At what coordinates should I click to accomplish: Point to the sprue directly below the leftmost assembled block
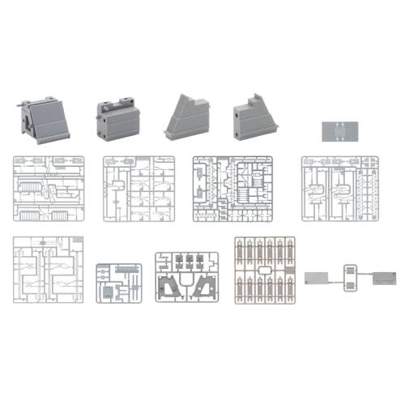pyautogui.click(x=49, y=188)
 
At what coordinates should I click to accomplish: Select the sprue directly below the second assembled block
pyautogui.click(x=138, y=188)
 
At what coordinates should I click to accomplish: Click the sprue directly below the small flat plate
pyautogui.click(x=341, y=188)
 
